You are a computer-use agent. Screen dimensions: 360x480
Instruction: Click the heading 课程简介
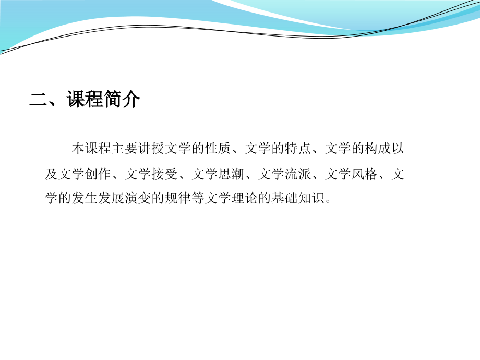pos(104,100)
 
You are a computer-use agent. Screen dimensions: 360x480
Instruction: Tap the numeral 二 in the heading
pos(39,100)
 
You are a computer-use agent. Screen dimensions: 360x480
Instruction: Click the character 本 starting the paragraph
pos(78,149)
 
